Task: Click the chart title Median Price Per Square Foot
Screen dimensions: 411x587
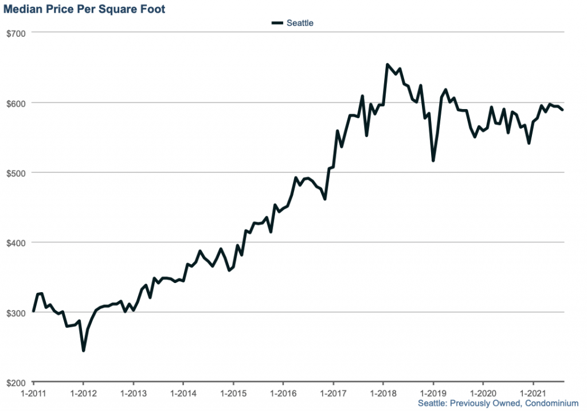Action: pyautogui.click(x=84, y=9)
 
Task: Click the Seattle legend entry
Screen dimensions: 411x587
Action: pyautogui.click(x=300, y=23)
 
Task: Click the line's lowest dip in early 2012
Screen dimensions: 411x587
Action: pyautogui.click(x=84, y=350)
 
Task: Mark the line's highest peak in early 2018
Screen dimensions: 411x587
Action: pyautogui.click(x=388, y=65)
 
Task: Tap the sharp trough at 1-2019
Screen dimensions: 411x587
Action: pyautogui.click(x=433, y=160)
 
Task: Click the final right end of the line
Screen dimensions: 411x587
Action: pyautogui.click(x=563, y=110)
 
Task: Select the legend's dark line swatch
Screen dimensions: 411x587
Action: pyautogui.click(x=277, y=23)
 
